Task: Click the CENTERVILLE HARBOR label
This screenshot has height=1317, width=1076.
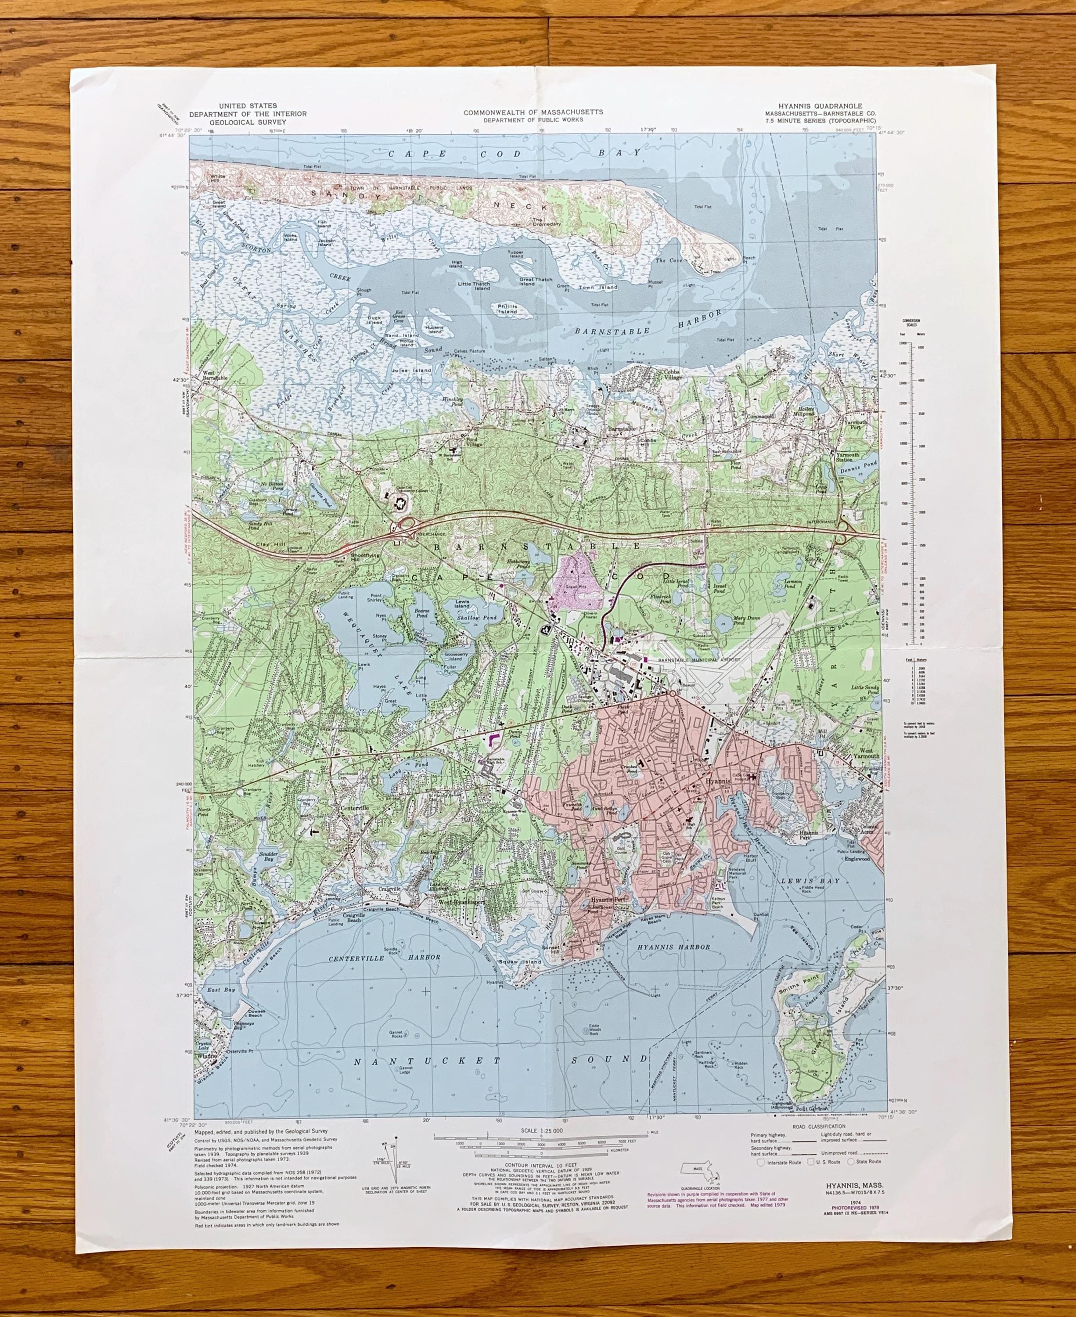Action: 384,957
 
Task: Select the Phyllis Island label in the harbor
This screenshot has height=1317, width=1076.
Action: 507,309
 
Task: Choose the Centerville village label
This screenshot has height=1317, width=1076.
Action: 354,808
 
